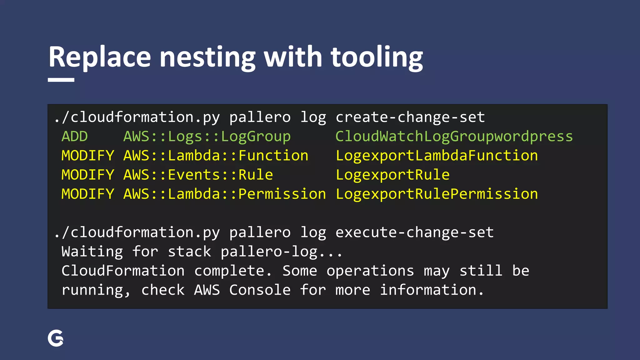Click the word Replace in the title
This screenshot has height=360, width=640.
pyautogui.click(x=100, y=57)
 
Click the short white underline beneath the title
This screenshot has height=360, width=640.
pyautogui.click(x=61, y=80)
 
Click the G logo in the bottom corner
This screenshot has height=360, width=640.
pyautogui.click(x=56, y=338)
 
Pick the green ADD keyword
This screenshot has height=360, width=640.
pyautogui.click(x=74, y=137)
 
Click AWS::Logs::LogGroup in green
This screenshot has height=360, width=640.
pyautogui.click(x=207, y=137)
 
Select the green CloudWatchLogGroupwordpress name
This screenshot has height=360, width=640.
pyautogui.click(x=454, y=137)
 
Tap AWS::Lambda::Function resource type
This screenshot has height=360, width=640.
pyautogui.click(x=216, y=156)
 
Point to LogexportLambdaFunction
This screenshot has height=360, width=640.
pyautogui.click(x=437, y=156)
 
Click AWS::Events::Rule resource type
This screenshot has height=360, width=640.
pyautogui.click(x=198, y=175)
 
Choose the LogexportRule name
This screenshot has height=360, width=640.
pyautogui.click(x=392, y=175)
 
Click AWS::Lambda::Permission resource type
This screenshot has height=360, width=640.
pyautogui.click(x=224, y=194)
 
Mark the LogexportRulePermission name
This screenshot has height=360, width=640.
pyautogui.click(x=437, y=194)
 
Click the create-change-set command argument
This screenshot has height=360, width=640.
pyautogui.click(x=410, y=117)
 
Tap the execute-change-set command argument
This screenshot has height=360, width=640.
pyautogui.click(x=414, y=232)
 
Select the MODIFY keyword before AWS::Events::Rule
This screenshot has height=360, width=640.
pyautogui.click(x=88, y=175)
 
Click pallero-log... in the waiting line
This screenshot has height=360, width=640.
pyautogui.click(x=281, y=252)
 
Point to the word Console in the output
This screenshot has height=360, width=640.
pyautogui.click(x=260, y=290)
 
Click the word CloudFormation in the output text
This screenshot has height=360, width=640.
pyautogui.click(x=123, y=271)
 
